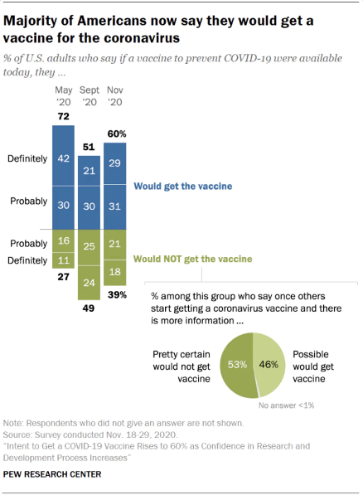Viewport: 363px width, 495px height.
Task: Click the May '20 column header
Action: point(63,95)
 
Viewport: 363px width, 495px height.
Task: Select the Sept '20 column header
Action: point(90,95)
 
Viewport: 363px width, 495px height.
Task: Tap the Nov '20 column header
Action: point(115,95)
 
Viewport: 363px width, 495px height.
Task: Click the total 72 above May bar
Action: point(63,114)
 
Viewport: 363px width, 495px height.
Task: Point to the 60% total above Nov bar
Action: point(115,132)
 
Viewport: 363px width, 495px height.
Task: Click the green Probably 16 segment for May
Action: point(63,241)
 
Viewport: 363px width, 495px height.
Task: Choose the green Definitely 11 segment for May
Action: point(63,260)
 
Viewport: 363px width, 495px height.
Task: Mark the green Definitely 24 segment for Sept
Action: point(90,282)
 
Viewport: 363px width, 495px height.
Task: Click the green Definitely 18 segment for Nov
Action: point(115,272)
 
